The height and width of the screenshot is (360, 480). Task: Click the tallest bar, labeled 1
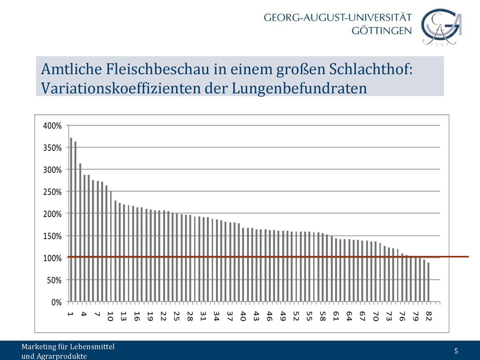pyautogui.click(x=71, y=219)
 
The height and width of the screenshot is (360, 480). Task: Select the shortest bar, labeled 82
pyautogui.click(x=428, y=282)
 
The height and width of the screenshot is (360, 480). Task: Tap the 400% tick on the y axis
pyautogui.click(x=52, y=126)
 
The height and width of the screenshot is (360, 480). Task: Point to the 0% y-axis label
pyautogui.click(x=57, y=302)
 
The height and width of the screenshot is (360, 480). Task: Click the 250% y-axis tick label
pyautogui.click(x=52, y=192)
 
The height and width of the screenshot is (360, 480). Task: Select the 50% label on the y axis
pyautogui.click(x=54, y=280)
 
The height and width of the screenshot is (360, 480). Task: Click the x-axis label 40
pyautogui.click(x=243, y=316)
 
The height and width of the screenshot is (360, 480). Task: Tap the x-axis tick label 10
pyautogui.click(x=110, y=316)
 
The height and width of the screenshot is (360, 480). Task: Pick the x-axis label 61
pyautogui.click(x=336, y=316)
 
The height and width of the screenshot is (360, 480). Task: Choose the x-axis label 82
pyautogui.click(x=428, y=316)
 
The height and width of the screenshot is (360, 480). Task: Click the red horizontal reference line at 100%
pyautogui.click(x=268, y=256)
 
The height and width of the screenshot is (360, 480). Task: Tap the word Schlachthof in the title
pyautogui.click(x=371, y=69)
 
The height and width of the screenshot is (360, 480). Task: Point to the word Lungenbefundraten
pyautogui.click(x=299, y=89)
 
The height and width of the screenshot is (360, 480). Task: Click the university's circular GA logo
pyautogui.click(x=441, y=27)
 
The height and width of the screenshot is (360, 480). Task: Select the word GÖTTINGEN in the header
pyautogui.click(x=382, y=30)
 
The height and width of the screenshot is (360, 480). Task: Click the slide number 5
pyautogui.click(x=456, y=351)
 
